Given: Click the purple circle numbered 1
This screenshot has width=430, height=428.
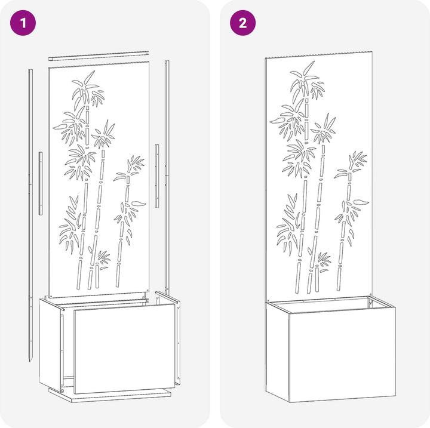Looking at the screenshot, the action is click(23, 23).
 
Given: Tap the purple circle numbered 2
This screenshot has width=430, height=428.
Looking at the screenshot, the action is click(242, 23).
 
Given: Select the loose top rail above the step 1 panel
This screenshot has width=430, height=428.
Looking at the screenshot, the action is click(99, 56).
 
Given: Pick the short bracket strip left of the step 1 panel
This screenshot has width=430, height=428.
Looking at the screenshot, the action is click(41, 183).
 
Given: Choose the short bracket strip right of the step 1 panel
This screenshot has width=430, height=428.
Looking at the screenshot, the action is click(157, 176).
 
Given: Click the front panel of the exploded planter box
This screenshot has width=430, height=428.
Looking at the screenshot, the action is click(124, 348).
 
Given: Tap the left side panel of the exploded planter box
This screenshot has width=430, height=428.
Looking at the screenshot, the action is click(50, 343).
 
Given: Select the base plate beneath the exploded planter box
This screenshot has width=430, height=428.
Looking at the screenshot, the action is click(110, 395).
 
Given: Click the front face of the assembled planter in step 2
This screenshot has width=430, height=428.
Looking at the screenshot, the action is click(343, 355).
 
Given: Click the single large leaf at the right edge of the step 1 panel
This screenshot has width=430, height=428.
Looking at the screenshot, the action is click(139, 203).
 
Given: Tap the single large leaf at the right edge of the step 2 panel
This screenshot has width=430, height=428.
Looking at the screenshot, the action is click(361, 202).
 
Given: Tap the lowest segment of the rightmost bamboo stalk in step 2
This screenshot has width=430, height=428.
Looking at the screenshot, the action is click(339, 279).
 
